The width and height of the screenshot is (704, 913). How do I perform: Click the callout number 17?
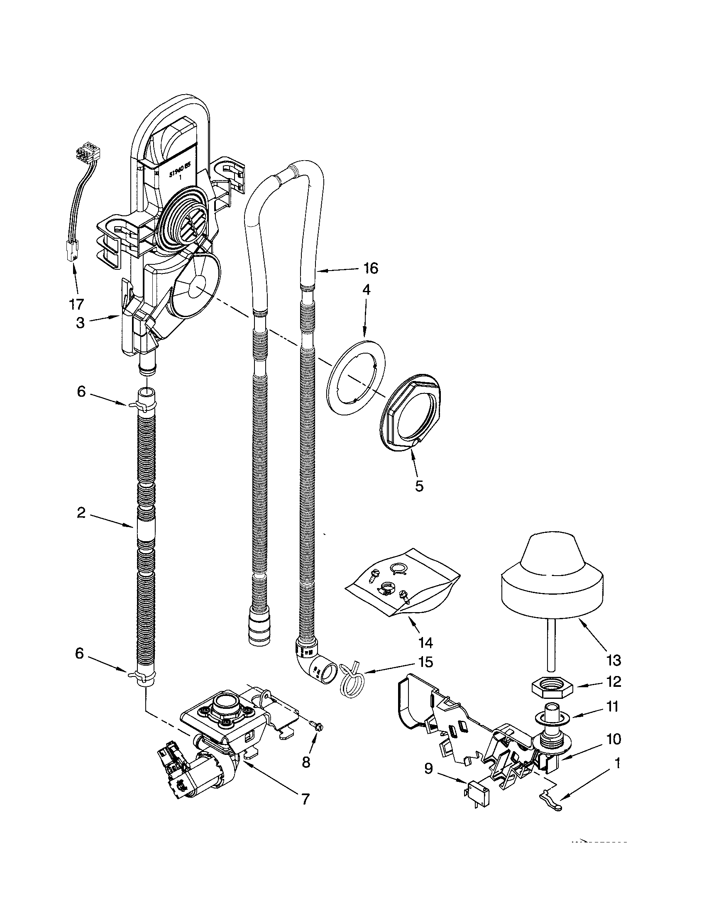[x=76, y=303]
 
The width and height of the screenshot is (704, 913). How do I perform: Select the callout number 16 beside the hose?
[x=370, y=268]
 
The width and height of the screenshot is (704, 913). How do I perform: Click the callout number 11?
[x=612, y=706]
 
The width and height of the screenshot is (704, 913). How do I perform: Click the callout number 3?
[x=80, y=323]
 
